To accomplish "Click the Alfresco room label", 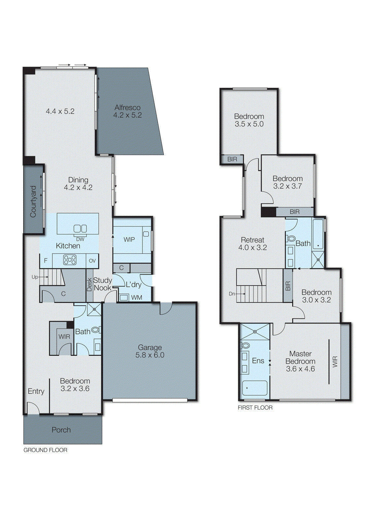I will point(128,108).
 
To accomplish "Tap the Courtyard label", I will point(33,201).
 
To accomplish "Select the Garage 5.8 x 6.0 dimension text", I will point(150,355).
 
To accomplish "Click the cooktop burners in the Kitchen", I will point(70,260).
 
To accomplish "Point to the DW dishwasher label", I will point(80,239).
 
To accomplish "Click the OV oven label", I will point(92,261).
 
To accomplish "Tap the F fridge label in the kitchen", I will point(46,261).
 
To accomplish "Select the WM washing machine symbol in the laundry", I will point(124,297).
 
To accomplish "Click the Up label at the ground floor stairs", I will point(35,277).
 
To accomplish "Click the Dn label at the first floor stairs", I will point(232,294).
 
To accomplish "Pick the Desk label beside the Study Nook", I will point(89,284).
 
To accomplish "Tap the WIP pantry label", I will point(129,240).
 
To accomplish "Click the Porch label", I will point(61,430).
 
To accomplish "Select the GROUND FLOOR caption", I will point(45,450).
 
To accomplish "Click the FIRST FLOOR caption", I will point(255,408).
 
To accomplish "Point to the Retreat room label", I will point(252,240).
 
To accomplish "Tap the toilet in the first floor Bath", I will point(291,238).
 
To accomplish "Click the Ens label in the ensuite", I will point(258,361).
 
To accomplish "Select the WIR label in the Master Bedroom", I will point(335,362).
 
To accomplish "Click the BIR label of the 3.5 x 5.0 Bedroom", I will point(232,159).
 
